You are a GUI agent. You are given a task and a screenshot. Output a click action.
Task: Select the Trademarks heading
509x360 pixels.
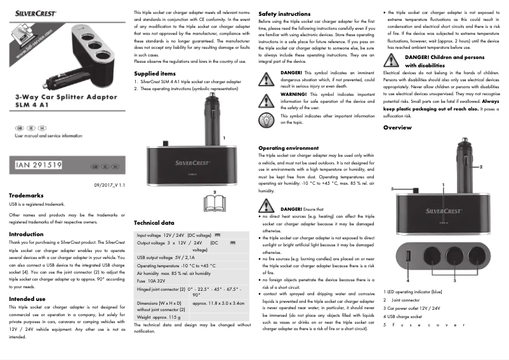tap(26, 196)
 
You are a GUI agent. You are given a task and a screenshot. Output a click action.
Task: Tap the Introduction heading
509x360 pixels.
tap(26, 234)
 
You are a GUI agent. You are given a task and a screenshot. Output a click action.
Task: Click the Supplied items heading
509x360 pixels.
tap(155, 74)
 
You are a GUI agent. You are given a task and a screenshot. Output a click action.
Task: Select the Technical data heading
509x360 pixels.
tap(154, 223)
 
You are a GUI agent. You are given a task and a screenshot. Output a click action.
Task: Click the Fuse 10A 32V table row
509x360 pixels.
tap(151, 280)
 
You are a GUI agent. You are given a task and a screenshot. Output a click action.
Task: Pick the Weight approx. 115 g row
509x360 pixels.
tap(159, 316)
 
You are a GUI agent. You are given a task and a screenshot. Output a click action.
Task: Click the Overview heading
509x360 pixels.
tap(397, 128)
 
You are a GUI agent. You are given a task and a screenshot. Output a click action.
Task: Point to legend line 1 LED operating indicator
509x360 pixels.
tap(413, 291)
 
